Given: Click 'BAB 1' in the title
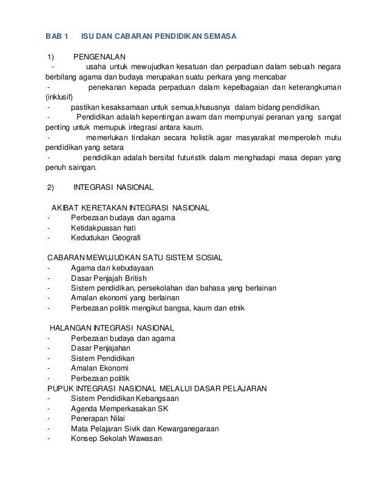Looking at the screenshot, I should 58,36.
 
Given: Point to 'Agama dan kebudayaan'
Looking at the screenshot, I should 112,268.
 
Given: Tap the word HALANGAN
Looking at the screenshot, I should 70,328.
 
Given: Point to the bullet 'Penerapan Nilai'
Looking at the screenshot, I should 99,419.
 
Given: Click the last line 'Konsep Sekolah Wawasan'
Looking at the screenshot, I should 116,439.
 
